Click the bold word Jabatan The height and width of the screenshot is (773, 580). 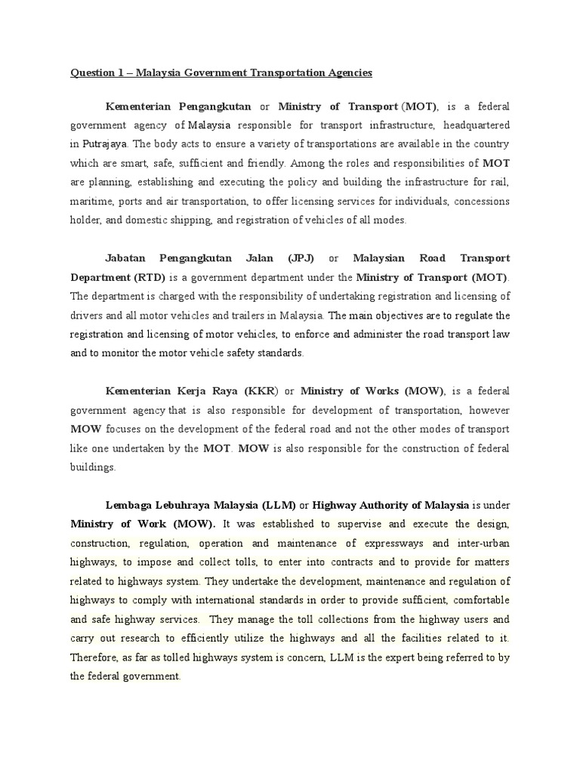tap(129, 259)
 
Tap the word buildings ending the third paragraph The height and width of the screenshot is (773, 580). tap(93, 467)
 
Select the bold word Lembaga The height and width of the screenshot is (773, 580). tap(130, 504)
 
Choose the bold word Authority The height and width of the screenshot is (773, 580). tap(383, 504)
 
